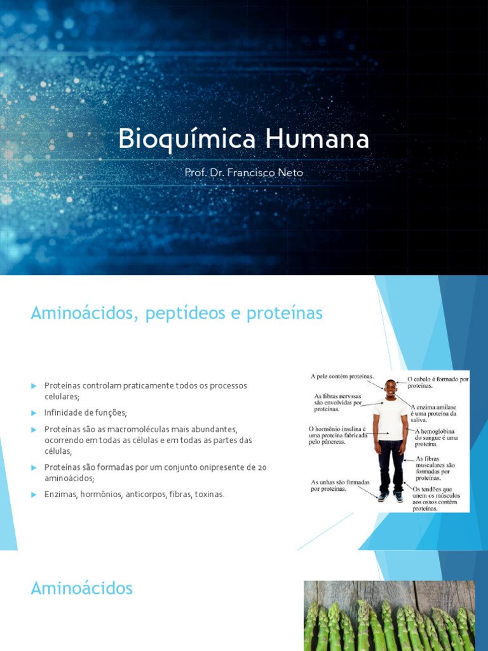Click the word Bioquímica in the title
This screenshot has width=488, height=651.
tap(177, 140)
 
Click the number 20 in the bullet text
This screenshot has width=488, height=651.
tap(262, 467)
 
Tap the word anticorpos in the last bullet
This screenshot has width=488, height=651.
tap(144, 494)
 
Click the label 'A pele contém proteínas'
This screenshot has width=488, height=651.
tap(342, 376)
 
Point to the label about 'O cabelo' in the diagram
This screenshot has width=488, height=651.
tap(438, 382)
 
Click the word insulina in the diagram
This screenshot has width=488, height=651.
tap(348, 428)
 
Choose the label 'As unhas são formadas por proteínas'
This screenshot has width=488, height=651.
tap(341, 486)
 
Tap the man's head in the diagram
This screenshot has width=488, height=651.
tap(390, 388)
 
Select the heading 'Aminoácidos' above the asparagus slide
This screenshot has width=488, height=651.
tap(82, 589)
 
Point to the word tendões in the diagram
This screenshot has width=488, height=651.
tap(430, 488)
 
